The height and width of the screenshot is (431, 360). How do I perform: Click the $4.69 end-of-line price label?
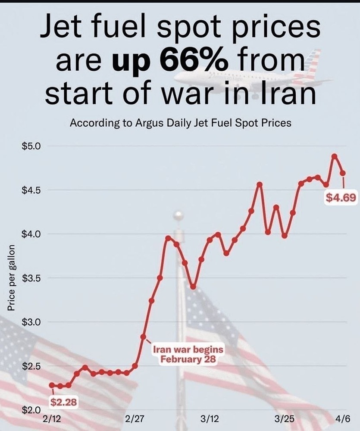pos(341,198)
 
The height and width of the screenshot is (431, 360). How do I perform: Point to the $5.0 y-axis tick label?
pos(31,146)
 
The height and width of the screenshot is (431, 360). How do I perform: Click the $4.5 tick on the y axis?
pos(31,190)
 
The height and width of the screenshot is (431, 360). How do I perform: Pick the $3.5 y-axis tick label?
pos(31,278)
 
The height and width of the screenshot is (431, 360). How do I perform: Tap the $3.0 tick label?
pos(31,322)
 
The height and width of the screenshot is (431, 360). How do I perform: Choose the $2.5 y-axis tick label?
pos(31,366)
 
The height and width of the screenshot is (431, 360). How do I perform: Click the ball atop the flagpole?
pos(178,215)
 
